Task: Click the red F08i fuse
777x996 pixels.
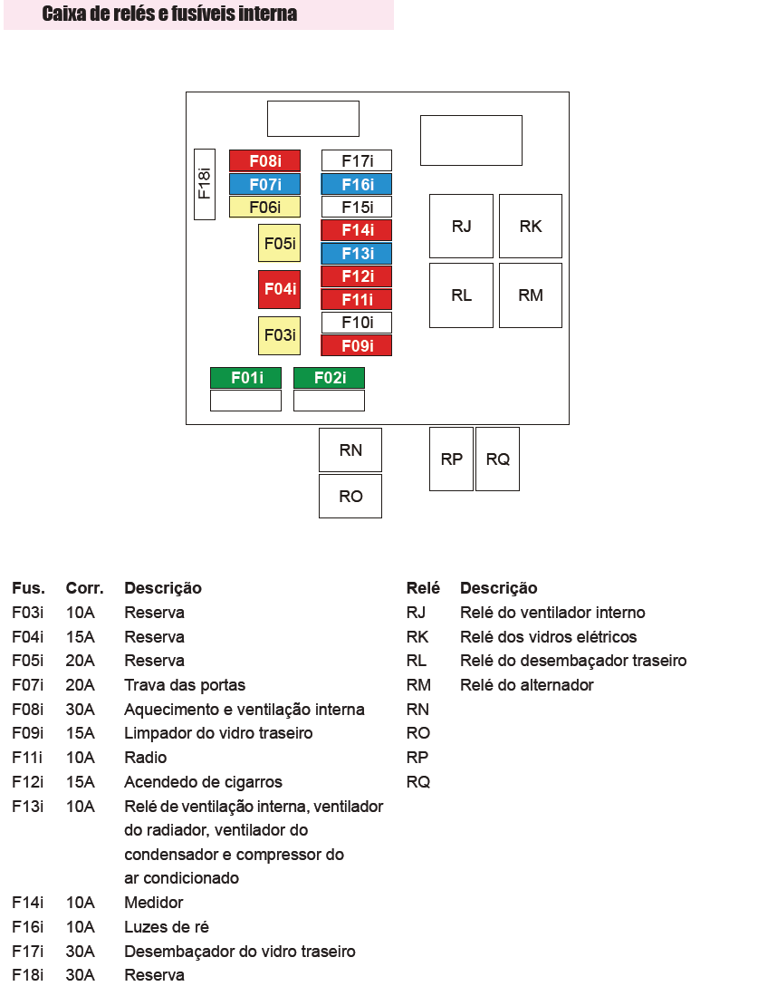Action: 264,161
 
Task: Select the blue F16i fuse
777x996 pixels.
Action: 357,185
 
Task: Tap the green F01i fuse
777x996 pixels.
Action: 245,378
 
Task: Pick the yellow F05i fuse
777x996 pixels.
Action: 279,244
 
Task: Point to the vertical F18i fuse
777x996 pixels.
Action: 205,184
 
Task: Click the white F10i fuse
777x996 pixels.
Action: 357,323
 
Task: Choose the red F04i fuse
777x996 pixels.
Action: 279,289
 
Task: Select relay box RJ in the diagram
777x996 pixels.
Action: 461,226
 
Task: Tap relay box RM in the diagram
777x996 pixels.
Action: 531,295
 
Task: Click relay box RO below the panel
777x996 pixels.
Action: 350,496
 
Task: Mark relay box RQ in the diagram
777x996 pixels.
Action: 497,459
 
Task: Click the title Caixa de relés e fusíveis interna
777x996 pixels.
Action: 169,15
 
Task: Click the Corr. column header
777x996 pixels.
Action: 84,588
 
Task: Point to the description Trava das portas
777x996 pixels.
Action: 185,685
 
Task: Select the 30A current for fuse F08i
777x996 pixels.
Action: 81,710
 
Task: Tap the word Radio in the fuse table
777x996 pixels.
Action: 146,758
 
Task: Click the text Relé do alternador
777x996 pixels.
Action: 526,685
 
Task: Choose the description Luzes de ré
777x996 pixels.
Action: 167,927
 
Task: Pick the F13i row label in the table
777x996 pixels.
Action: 27,807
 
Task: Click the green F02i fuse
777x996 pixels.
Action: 329,378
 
